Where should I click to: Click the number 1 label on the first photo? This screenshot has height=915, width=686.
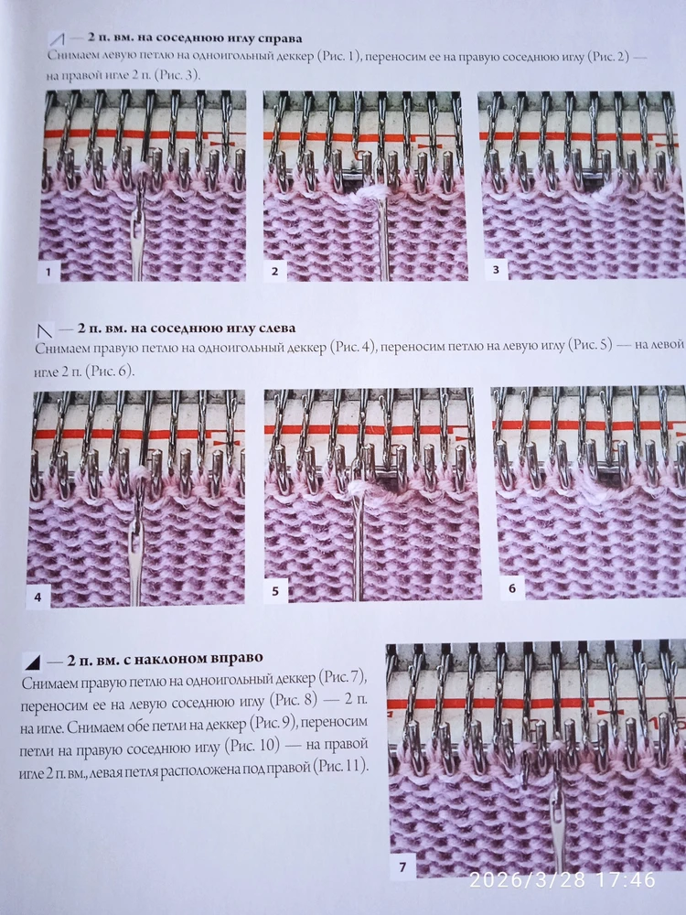click(48, 272)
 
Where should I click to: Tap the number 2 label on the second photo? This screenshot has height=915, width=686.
click(274, 272)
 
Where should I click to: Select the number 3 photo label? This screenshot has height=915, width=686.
click(496, 269)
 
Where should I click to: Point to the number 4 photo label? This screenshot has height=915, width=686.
click(38, 597)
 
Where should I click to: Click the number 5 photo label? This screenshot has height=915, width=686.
click(275, 591)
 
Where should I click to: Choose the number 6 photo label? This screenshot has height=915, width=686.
click(512, 588)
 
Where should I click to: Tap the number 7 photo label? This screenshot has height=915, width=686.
click(402, 867)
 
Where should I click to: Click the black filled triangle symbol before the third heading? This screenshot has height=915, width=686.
click(33, 662)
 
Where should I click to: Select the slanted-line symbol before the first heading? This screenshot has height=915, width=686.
click(57, 39)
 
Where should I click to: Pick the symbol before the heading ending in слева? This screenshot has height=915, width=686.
click(45, 330)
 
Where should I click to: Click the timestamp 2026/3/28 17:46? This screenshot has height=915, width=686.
click(563, 878)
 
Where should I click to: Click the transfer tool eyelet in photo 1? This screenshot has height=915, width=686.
click(138, 233)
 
